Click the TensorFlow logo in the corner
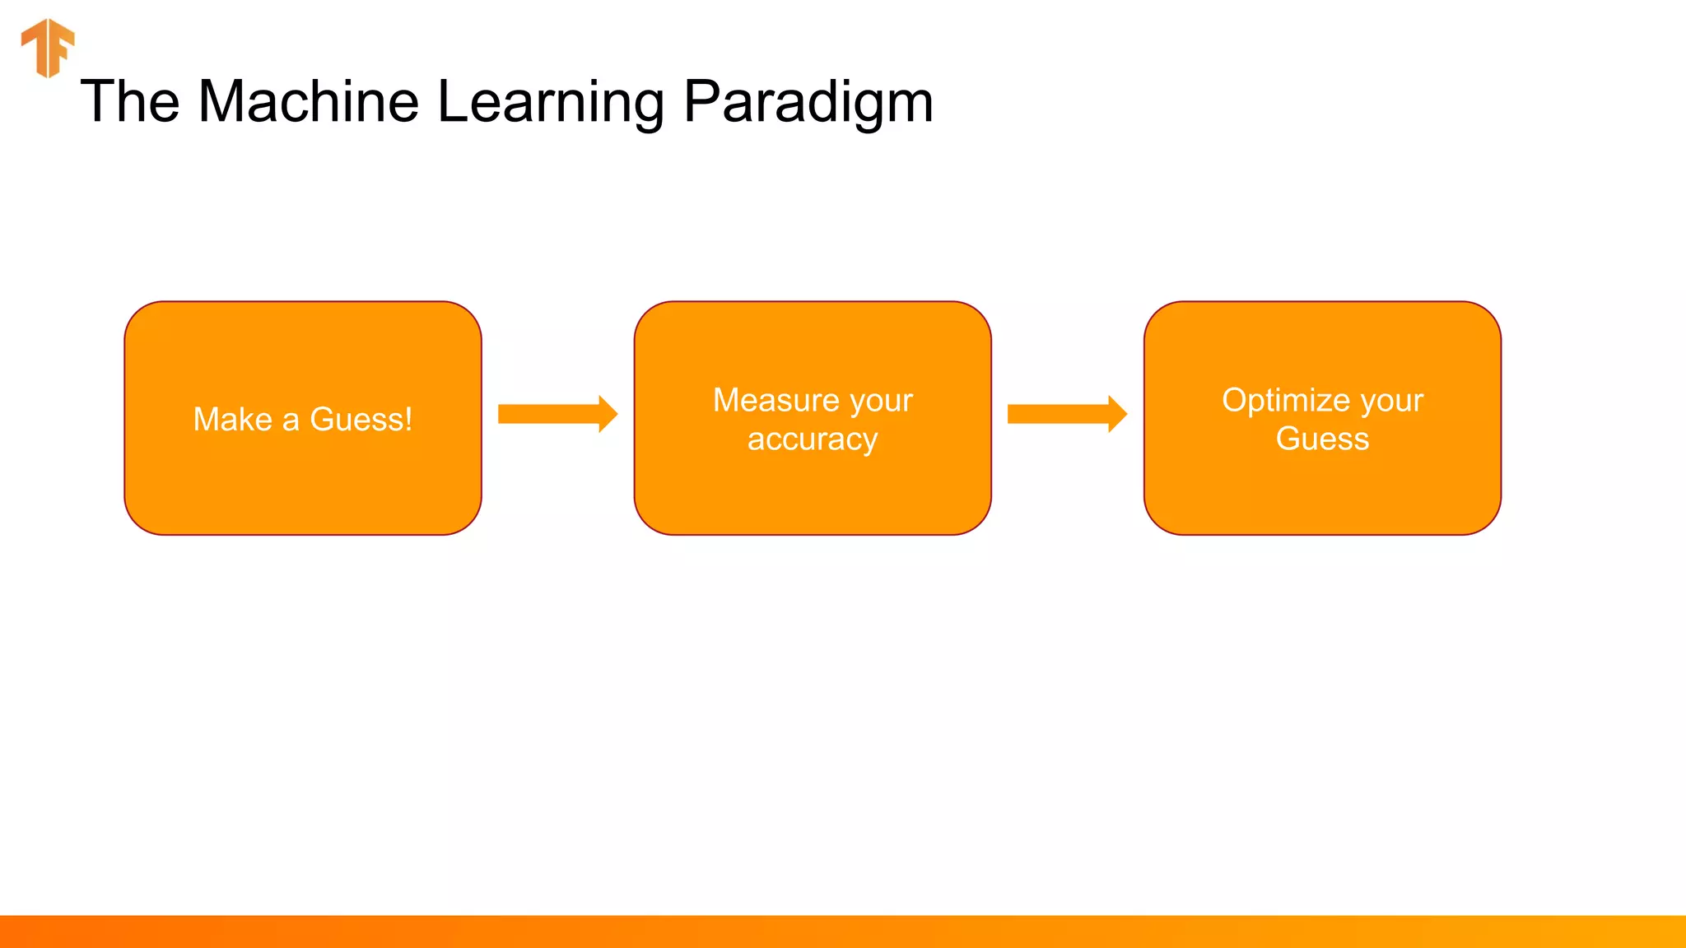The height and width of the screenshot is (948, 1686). pos(48,48)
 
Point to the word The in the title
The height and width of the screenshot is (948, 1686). pos(130,102)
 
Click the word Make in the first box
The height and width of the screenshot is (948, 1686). pos(232,420)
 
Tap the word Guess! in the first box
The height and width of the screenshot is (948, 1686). pos(361,420)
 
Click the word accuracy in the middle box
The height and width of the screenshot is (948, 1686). pos(813,440)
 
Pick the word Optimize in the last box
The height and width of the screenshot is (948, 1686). pos(1286,401)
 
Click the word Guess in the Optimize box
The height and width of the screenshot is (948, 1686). pos(1322,439)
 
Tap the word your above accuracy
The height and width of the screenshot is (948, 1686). pos(881,402)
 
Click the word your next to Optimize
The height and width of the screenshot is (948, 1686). pos(1391,402)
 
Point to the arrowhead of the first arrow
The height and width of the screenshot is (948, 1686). pos(608,414)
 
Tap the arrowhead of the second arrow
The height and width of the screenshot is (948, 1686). pos(1117,414)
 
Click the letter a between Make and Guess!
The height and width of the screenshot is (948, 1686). pos(291,422)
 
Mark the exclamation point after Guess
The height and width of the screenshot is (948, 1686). pos(408,420)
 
